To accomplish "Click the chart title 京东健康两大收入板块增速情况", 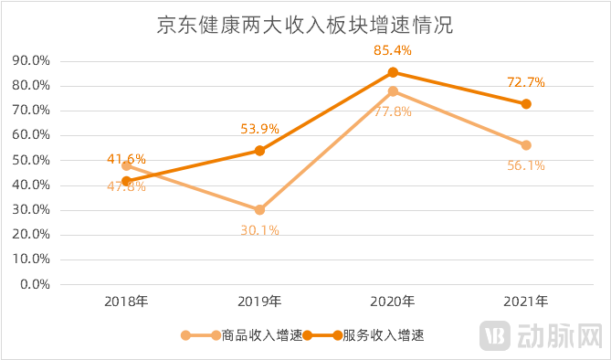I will pos(305,26).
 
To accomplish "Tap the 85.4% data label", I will pos(392,51).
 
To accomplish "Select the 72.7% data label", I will pos(526,82).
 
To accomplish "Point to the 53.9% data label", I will pos(259,129).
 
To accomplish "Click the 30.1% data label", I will pos(259,230).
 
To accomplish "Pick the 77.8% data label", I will pos(393,111).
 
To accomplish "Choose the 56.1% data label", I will pos(526,165).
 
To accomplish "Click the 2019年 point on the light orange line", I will pos(259,209).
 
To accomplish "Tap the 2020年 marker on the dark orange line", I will pos(393,72).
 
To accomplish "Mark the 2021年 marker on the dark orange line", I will pos(526,104).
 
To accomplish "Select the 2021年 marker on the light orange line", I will pos(526,145).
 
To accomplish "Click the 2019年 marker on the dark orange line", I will pos(259,151).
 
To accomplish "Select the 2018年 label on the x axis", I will pos(126,301).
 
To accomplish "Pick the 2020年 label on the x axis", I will pos(393,301).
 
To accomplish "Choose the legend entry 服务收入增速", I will pos(374,335).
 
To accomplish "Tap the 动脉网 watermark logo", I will pos(544,335).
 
